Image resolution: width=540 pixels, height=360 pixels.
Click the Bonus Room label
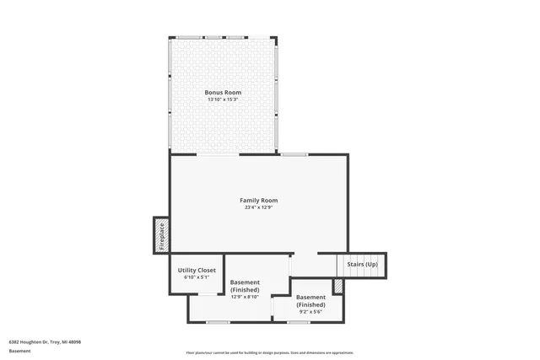point(223,92)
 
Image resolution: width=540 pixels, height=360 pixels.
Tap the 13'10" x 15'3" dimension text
point(223,99)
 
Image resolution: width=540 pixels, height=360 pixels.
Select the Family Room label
point(259,200)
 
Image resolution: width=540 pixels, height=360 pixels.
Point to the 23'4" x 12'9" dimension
point(259,207)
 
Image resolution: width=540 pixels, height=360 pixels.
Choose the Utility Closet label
point(197,271)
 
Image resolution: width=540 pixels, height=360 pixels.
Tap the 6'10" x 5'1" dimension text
point(197,277)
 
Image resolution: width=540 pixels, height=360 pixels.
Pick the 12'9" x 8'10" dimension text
point(246,297)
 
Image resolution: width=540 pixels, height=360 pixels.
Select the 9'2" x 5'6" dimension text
point(310,312)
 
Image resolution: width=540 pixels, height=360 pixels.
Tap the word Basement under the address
point(19,351)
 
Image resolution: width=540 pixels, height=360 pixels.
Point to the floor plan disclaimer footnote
point(269,352)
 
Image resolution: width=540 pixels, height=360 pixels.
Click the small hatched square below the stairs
point(338,287)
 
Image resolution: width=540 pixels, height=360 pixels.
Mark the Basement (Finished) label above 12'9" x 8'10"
point(246,286)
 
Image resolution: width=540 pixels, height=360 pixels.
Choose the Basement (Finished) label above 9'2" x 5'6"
point(310,301)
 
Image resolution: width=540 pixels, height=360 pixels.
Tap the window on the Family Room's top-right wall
point(294,154)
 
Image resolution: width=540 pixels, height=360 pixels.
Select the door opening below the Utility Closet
point(206,293)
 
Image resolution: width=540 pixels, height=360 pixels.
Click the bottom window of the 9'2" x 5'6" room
point(299,322)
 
